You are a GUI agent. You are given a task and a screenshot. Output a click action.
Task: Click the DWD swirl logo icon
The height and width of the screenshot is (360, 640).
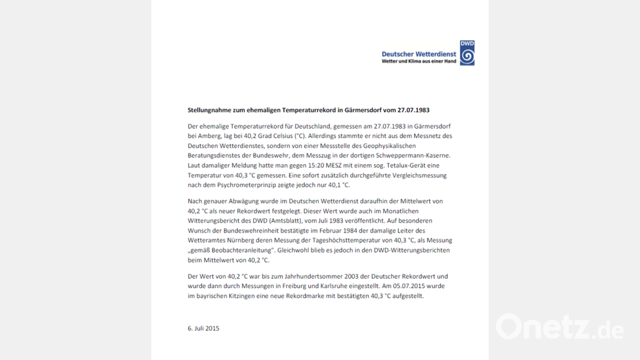[x=467, y=53]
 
